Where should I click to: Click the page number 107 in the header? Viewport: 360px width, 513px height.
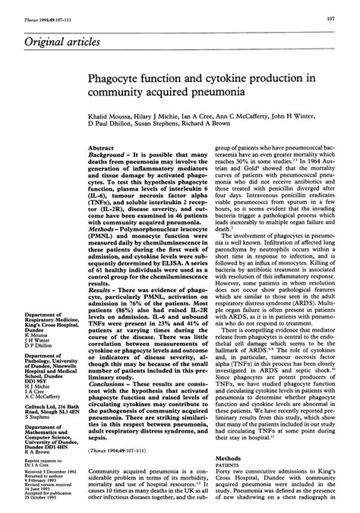pyautogui.click(x=343, y=17)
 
